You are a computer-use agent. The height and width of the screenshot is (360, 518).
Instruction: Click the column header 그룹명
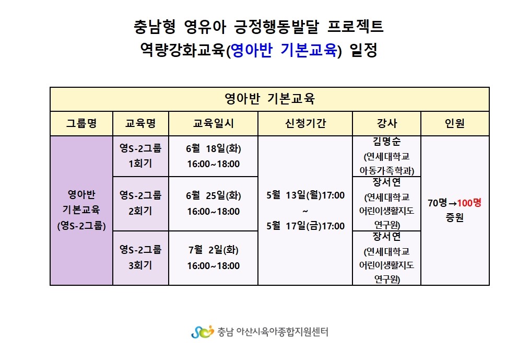(x=81, y=123)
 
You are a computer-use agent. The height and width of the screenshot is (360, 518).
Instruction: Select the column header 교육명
(x=140, y=123)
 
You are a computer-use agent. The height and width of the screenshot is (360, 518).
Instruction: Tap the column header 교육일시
(x=213, y=123)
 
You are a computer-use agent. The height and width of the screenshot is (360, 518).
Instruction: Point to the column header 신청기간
(x=305, y=123)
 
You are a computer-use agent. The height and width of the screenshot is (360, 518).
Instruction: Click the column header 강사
(x=386, y=123)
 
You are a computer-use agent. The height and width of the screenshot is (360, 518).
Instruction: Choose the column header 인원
(x=455, y=123)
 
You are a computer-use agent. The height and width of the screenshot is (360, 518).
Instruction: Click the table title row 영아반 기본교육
(x=269, y=99)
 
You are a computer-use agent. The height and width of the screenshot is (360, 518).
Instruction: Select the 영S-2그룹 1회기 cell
(x=140, y=156)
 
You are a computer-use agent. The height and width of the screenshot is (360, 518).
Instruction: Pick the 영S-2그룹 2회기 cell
(x=140, y=203)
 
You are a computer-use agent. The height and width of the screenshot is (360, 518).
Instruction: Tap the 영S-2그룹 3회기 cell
(x=140, y=258)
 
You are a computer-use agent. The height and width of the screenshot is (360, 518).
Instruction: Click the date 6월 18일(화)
(x=214, y=148)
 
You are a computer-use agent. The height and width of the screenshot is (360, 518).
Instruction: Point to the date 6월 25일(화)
(x=214, y=196)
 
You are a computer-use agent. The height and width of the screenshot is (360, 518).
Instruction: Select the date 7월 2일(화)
(x=214, y=250)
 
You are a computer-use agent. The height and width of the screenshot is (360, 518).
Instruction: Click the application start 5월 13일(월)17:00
(x=305, y=195)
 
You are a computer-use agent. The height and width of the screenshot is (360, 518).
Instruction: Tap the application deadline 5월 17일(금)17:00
(x=305, y=226)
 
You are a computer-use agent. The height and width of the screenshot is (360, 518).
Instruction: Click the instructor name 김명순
(x=386, y=142)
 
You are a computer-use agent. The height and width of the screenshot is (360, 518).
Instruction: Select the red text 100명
(x=469, y=203)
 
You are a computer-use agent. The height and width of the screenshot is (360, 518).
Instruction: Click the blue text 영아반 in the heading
(x=252, y=51)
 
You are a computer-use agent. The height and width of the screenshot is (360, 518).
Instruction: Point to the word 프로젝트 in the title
(x=356, y=27)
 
